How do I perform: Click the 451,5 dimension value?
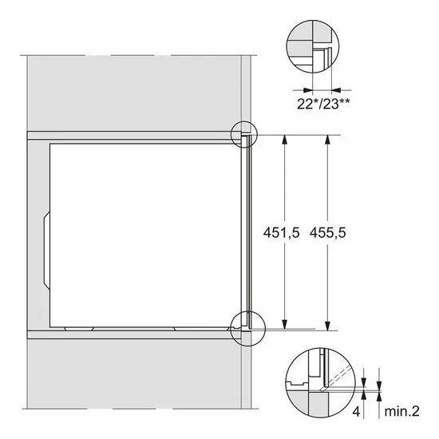click(x=279, y=233)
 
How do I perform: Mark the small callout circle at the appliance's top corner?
click(x=243, y=135)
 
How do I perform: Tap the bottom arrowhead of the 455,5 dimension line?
click(x=326, y=326)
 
